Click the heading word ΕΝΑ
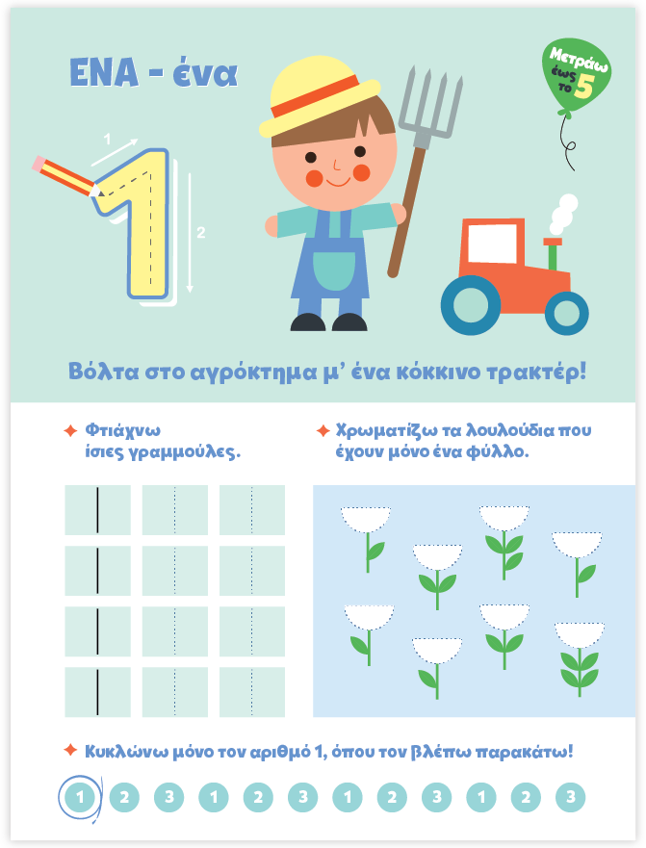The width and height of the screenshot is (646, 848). click(104, 72)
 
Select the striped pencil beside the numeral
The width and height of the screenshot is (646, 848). click(67, 177)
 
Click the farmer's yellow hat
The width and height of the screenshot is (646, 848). click(319, 97)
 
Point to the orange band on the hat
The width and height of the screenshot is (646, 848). click(315, 97)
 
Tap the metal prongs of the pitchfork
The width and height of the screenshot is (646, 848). click(431, 106)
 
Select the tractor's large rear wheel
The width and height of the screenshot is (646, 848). click(471, 305)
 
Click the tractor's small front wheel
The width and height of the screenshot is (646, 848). click(566, 313)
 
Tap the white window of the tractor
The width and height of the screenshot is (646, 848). click(492, 244)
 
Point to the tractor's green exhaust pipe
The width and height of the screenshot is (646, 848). click(553, 254)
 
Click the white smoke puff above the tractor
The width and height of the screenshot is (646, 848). click(563, 214)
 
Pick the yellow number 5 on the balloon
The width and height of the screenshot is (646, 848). click(584, 86)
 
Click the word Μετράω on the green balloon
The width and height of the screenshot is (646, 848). click(579, 60)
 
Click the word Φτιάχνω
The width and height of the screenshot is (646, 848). click(123, 431)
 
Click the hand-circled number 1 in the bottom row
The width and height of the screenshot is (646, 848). click(80, 797)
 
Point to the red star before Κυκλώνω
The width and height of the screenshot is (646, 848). click(70, 751)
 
